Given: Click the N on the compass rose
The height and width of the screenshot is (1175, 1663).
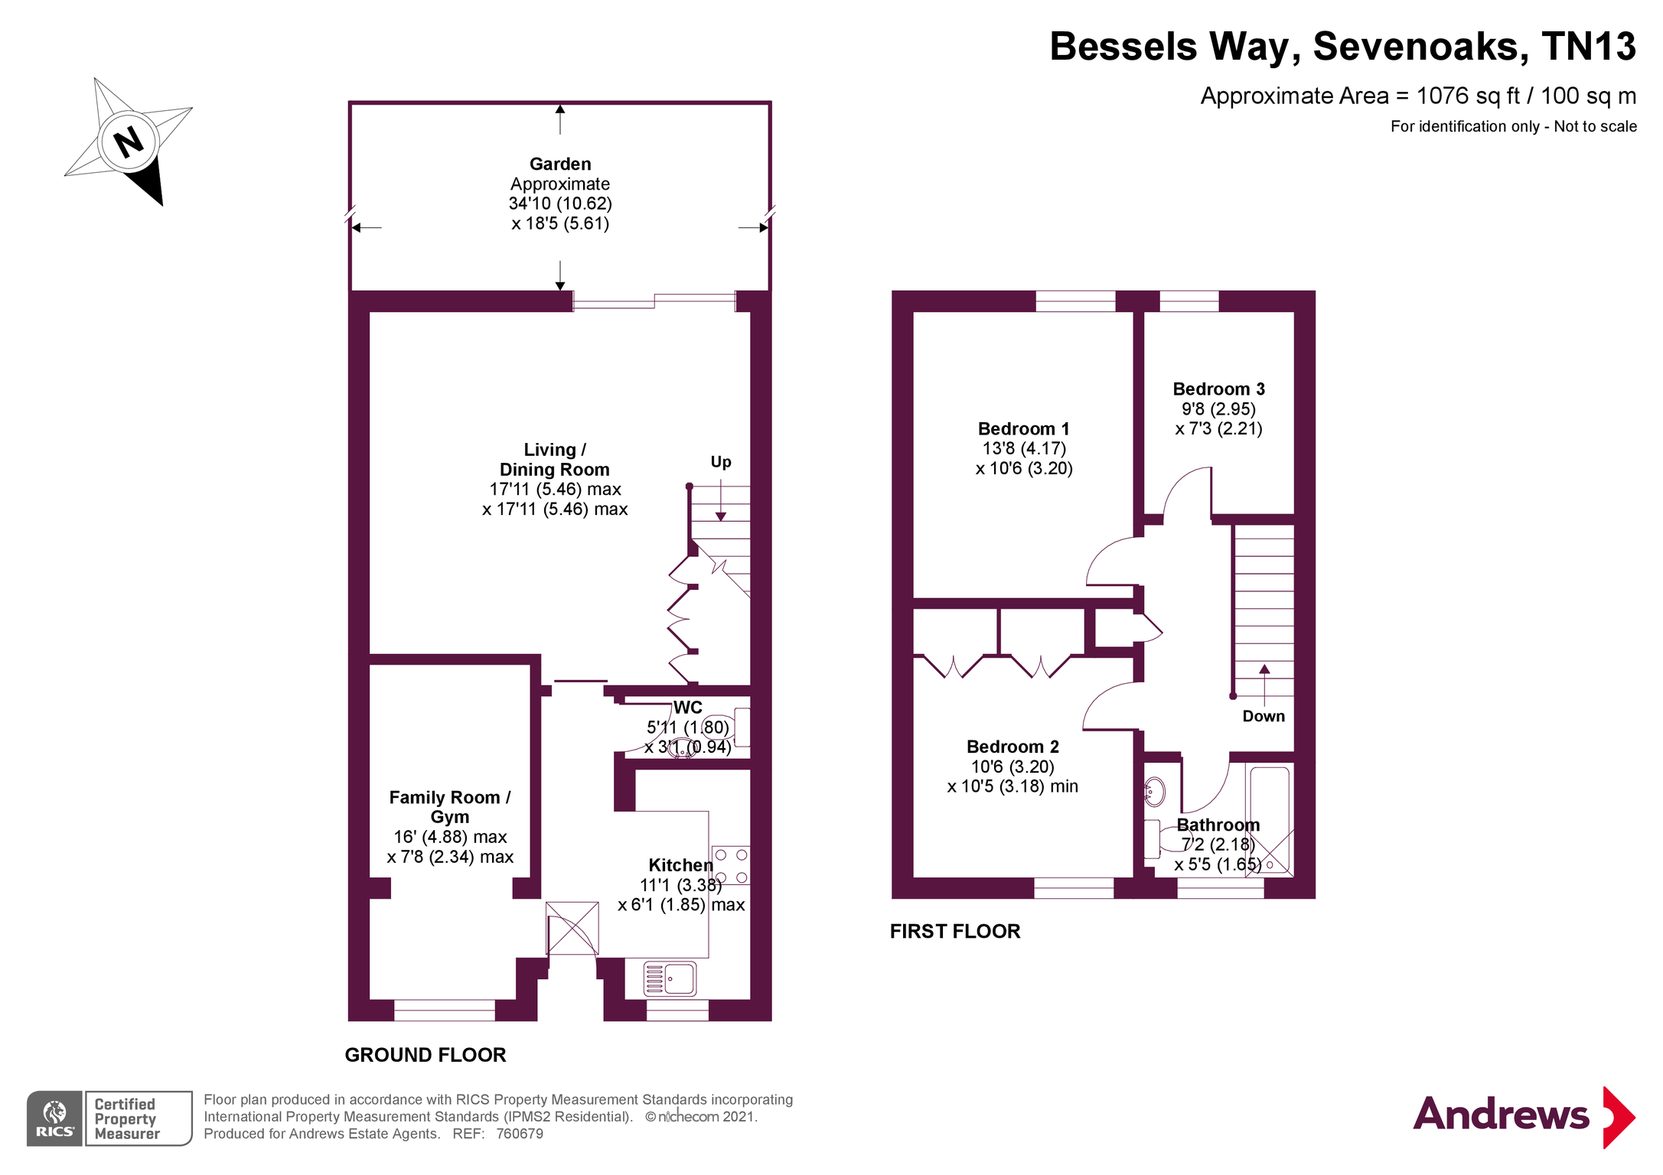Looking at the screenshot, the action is point(128,142).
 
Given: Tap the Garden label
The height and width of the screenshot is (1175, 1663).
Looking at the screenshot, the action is point(560,164).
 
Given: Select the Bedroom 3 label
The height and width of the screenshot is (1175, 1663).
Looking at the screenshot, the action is point(1218,389).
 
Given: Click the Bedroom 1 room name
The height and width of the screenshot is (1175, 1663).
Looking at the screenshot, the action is point(1023,428).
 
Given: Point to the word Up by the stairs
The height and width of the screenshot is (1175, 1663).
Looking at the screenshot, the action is point(721,462).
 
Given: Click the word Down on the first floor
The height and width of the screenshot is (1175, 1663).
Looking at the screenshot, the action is point(1264,716).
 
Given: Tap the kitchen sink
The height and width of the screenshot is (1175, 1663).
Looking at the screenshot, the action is point(670,978).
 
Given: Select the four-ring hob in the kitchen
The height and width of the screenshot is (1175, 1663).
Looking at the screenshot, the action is point(731,866).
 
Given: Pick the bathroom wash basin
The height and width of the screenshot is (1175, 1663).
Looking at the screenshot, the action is point(1154,792).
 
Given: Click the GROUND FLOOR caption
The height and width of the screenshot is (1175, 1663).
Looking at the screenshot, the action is point(426,1055).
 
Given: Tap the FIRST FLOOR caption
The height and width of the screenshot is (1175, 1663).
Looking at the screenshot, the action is point(955,931).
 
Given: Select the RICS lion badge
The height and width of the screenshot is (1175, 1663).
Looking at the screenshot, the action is point(55,1118).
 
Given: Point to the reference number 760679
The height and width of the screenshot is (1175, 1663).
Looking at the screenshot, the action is point(520,1134).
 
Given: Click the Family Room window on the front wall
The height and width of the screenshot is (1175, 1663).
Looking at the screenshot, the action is point(445,1010).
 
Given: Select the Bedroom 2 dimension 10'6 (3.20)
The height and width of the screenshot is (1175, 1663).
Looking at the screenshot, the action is point(1012,767).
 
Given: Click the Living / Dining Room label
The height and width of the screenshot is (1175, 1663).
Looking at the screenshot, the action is point(555,459).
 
